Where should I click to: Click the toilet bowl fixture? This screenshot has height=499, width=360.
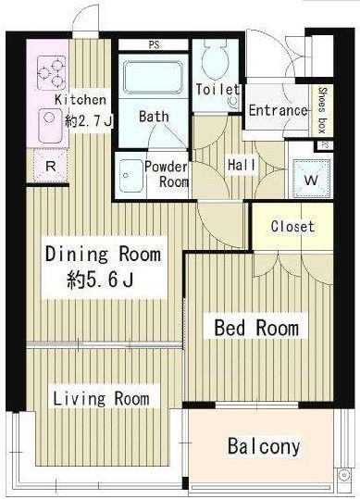tap(216, 58)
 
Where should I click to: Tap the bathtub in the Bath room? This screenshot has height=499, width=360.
tap(153, 78)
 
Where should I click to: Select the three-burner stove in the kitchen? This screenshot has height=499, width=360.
tap(52, 73)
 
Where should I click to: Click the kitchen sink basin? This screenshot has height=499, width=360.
tap(50, 125)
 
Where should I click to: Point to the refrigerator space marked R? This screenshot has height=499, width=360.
tap(51, 166)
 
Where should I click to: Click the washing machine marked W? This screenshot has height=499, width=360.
tap(311, 179)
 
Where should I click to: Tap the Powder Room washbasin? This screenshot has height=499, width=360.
tap(130, 176)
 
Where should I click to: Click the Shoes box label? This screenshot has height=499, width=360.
tap(322, 110)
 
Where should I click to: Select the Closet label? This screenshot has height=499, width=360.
tap(292, 227)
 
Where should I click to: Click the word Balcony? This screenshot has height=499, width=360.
tap(264, 447)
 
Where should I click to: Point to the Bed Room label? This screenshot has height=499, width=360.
tap(256, 328)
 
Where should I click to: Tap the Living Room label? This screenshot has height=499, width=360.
tap(101, 398)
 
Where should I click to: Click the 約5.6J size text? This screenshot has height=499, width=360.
tap(100, 281)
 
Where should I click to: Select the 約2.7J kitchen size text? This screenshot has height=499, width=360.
tap(89, 121)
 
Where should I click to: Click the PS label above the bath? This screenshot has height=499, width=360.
tap(154, 44)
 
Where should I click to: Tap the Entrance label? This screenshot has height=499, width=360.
tap(278, 110)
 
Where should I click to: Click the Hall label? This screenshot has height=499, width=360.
tap(242, 165)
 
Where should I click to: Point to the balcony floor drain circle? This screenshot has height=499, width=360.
tap(343, 475)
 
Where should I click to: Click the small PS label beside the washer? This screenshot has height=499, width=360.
tap(325, 145)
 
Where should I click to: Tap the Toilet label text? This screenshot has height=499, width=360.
tap(217, 90)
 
